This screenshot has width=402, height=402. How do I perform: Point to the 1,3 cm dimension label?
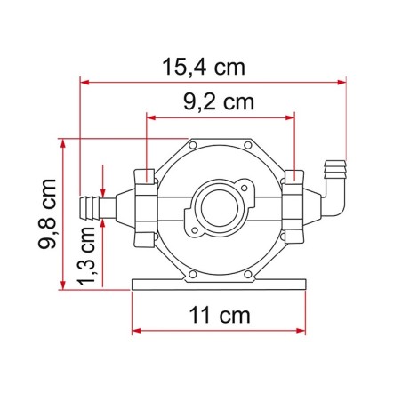point(86,256)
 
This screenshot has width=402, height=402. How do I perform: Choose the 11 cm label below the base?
point(218,315)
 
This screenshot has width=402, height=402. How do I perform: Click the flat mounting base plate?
point(219,283)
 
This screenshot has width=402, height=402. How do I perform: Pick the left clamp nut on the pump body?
point(146,209)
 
